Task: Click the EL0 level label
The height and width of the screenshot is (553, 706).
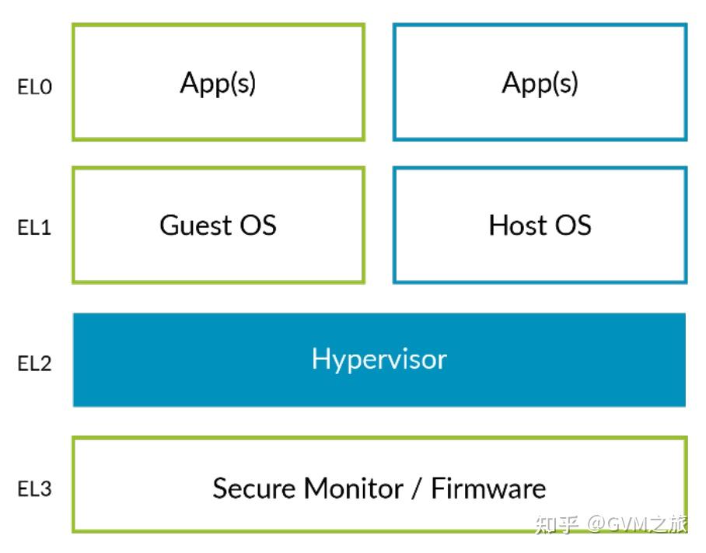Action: point(34,87)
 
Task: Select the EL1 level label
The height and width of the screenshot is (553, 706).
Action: point(34,229)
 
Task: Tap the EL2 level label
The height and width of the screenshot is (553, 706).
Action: point(34,363)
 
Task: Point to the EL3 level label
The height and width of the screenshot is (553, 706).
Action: point(34,490)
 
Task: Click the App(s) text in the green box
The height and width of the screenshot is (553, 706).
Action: point(218,82)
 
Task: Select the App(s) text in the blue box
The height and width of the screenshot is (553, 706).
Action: point(540,82)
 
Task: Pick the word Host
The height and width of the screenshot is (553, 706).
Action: point(516,225)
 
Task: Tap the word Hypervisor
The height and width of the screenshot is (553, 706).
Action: point(379,359)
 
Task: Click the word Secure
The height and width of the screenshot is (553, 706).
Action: point(254,488)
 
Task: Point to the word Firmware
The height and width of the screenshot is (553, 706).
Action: point(488,488)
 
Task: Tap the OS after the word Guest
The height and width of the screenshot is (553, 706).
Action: point(257,225)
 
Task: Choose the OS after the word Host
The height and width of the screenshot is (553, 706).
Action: point(571,225)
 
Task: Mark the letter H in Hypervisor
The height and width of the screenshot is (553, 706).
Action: point(320,359)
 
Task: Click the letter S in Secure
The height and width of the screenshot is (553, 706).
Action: point(219,488)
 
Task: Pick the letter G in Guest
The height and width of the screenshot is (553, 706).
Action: point(169,225)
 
